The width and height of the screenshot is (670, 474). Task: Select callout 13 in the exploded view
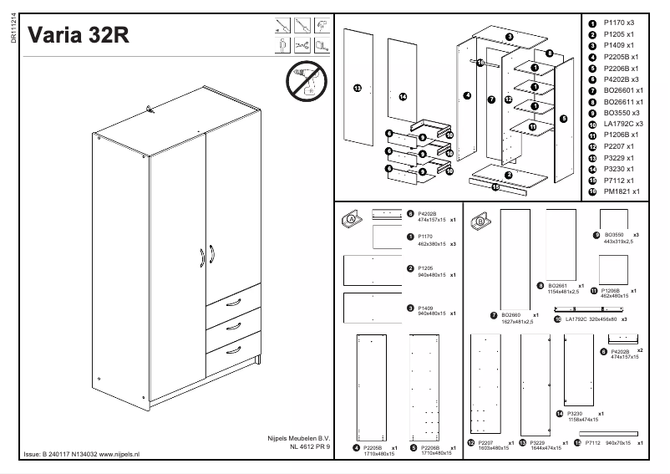click(357, 88)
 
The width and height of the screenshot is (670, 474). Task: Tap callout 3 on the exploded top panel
click(509, 37)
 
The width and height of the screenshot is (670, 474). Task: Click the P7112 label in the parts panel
click(594, 443)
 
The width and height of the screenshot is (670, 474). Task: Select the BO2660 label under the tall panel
click(511, 315)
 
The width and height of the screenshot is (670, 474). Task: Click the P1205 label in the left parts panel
click(427, 268)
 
